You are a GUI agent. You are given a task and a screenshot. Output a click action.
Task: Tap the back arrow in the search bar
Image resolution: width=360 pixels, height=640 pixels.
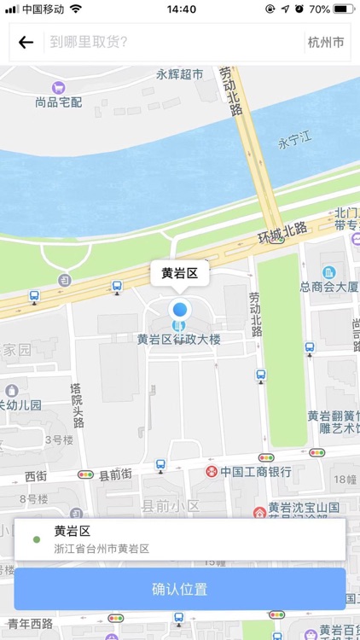pos(26,42)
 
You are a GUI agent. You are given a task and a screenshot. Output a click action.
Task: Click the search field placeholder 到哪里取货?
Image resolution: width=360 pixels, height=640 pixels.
pos(89,42)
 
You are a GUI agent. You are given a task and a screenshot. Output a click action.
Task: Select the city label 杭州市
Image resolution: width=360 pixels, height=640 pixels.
pos(326,42)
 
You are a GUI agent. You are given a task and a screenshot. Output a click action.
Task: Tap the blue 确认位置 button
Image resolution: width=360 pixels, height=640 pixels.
pos(179,589)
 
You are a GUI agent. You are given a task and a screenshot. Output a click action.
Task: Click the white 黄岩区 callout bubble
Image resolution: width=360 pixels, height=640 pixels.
pos(179,274)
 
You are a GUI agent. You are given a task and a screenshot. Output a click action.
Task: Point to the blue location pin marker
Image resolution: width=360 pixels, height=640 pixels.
pos(178,311)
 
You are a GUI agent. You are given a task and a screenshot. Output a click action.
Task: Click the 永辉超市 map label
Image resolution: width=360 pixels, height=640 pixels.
pos(179,75)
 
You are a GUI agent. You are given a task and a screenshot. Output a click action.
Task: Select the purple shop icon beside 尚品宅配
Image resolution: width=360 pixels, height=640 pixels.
pos(59,86)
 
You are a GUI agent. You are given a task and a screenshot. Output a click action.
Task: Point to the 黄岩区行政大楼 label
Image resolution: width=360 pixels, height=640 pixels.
pos(179,340)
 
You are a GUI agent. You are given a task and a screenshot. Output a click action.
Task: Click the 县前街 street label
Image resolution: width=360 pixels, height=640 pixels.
pos(115,474)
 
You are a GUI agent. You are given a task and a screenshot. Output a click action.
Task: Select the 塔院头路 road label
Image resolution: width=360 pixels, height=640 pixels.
pos(77,405)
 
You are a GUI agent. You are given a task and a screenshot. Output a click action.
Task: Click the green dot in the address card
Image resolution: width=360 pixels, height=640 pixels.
pos(36,539)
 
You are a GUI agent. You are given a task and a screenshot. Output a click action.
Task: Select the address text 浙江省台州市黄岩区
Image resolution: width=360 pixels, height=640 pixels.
pos(102,549)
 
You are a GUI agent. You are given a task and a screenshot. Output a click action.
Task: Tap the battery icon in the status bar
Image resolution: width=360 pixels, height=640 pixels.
pos(343,9)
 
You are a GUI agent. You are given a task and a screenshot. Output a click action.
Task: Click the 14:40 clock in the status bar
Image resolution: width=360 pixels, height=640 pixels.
pos(182,9)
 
